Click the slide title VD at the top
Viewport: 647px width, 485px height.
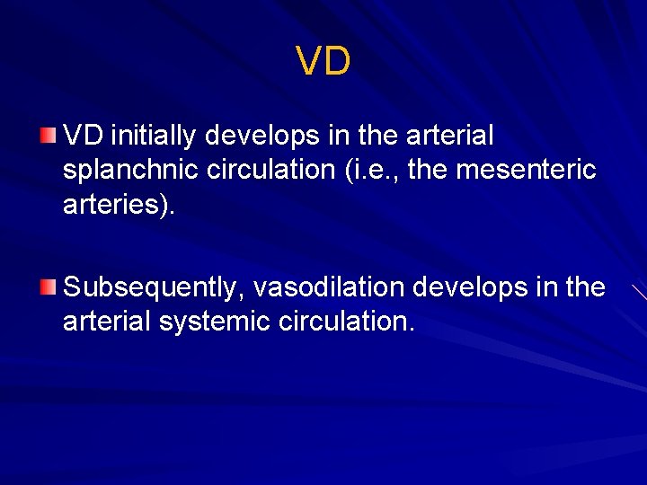tap(323, 62)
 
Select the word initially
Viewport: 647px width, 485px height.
tap(154, 137)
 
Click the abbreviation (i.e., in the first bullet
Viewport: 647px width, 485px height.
tap(369, 170)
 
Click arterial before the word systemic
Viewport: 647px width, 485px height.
tap(107, 322)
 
